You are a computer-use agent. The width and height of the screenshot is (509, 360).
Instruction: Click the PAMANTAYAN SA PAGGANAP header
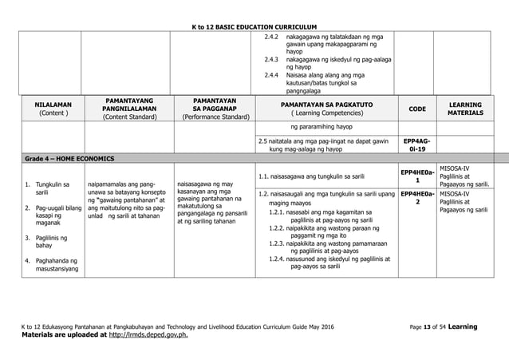point(213,109)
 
